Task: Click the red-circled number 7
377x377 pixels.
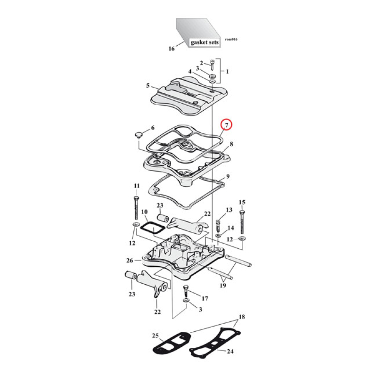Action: pos(227,125)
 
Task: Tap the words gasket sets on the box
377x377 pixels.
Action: pos(205,42)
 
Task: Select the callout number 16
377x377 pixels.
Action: pos(171,49)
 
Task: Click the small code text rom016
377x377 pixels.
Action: pos(231,39)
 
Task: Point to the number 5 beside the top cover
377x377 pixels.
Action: pos(148,86)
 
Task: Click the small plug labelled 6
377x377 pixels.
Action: pos(138,136)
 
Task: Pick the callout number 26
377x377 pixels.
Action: pos(130,260)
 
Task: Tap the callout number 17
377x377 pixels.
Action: pos(205,298)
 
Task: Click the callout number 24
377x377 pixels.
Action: pos(230,352)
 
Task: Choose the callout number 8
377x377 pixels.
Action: pos(231,144)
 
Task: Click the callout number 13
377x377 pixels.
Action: pos(229,209)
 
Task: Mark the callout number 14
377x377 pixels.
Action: pos(230,228)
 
